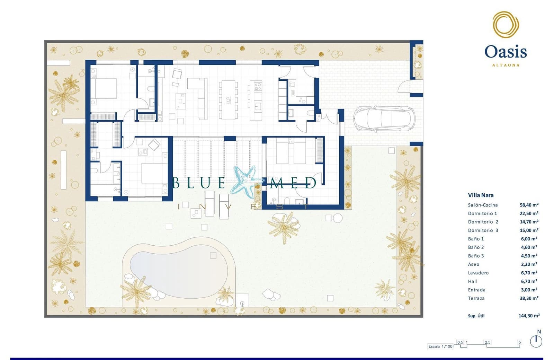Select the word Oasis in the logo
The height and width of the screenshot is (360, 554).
coord(506,52)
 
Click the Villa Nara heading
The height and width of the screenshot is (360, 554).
coord(481,195)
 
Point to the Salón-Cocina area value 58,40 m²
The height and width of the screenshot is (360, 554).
coord(529,205)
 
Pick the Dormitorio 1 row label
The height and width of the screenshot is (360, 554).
coord(482,213)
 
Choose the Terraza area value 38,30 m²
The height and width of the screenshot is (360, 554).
coord(529,298)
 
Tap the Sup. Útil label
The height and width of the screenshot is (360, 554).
coord(476,316)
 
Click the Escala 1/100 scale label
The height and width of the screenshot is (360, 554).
coord(440,346)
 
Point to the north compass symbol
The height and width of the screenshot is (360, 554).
coord(536,341)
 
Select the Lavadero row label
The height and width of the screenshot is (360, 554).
coord(478,273)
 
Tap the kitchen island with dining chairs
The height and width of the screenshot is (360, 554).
coord(228,100)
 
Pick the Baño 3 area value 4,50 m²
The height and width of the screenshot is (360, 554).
coord(529,256)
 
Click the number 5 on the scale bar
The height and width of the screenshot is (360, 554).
coord(519,342)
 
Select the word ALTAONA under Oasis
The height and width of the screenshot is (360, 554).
coord(506,65)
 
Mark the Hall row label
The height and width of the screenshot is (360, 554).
coord(473,281)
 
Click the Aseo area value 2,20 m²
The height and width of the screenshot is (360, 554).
coord(529,264)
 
